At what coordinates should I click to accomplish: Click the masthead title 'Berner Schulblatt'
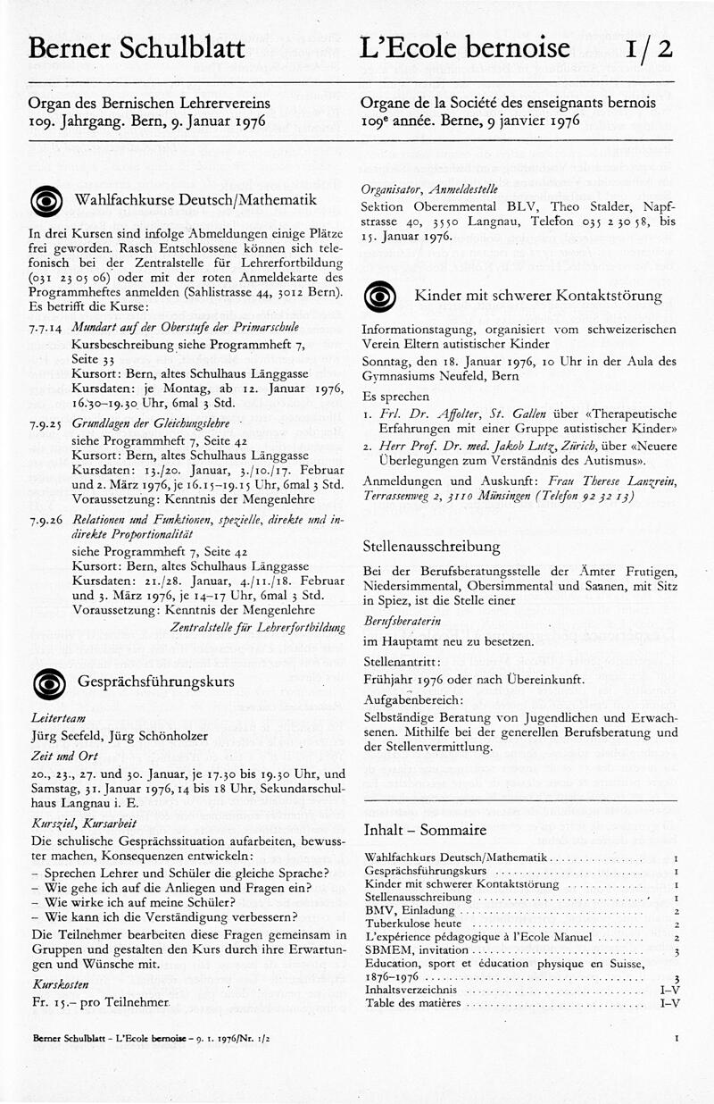137,48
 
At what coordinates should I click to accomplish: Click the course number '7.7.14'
45,328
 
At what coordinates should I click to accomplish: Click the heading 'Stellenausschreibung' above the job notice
431,547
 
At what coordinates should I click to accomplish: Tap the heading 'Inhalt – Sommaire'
425,830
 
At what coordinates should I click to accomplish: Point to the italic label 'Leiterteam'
56,718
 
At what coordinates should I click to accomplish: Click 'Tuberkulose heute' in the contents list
413,923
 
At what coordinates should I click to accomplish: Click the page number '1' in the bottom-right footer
677,1039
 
